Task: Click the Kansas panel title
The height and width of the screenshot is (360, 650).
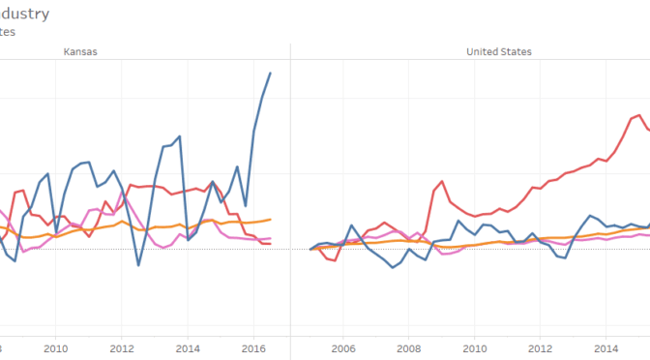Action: (x=80, y=52)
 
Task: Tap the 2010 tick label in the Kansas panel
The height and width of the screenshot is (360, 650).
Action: (x=55, y=348)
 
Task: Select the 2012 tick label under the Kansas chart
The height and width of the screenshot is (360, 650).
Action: (x=121, y=348)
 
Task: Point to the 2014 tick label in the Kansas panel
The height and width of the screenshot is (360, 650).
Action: (x=188, y=348)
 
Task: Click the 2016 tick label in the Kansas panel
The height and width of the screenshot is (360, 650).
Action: (x=253, y=348)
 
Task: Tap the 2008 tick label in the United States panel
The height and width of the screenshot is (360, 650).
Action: (x=409, y=348)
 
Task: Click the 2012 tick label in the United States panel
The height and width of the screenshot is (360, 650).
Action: (x=541, y=348)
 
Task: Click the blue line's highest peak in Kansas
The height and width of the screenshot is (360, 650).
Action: (x=270, y=73)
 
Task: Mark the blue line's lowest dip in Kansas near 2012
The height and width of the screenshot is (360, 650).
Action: (x=138, y=265)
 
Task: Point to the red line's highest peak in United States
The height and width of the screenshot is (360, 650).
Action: (x=639, y=115)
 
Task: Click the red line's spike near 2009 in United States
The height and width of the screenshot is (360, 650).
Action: (x=442, y=181)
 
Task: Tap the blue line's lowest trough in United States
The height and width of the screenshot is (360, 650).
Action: (x=393, y=267)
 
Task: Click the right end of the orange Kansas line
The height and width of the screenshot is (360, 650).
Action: (x=270, y=220)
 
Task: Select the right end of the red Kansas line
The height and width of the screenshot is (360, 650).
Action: (x=269, y=244)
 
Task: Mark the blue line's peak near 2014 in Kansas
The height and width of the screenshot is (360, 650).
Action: (x=180, y=136)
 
